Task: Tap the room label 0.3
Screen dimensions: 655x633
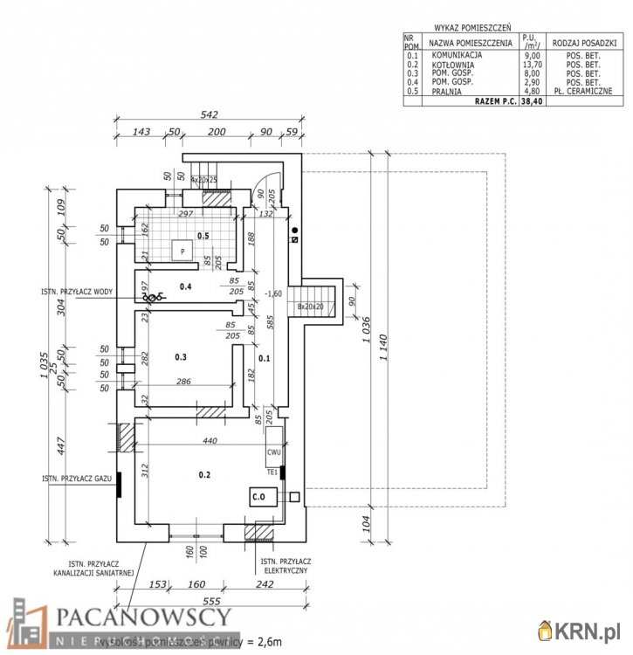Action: (x=181, y=357)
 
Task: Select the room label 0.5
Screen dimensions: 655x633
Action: (x=203, y=236)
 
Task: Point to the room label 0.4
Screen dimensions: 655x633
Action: (x=185, y=286)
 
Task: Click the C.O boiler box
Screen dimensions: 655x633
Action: (x=258, y=496)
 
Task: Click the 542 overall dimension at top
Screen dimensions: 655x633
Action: (x=208, y=114)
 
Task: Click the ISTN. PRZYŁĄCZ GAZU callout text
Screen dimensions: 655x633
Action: (x=78, y=479)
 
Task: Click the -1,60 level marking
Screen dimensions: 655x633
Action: (x=273, y=293)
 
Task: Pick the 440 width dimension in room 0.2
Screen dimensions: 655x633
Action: (x=210, y=441)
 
